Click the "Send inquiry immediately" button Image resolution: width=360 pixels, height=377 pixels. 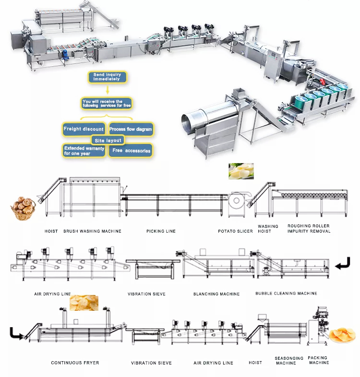(107, 77)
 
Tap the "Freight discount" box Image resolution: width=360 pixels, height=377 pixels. (84, 129)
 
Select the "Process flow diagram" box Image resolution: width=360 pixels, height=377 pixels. (131, 129)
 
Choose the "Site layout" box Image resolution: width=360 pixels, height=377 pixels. (108, 141)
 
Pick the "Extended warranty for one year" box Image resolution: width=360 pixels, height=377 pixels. (84, 151)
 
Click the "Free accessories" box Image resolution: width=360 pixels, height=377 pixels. (131, 151)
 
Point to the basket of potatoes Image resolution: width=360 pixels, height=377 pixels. (23, 208)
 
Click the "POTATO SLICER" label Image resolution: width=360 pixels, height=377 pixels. (235, 231)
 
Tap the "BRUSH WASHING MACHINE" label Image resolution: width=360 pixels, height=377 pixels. (93, 231)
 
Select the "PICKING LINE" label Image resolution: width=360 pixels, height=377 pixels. (161, 231)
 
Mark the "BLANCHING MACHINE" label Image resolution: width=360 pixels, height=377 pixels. (216, 294)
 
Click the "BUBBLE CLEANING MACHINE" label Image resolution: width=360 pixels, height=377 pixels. (286, 294)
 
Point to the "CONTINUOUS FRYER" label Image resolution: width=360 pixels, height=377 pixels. (75, 363)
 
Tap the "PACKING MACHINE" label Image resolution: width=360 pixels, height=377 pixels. (318, 360)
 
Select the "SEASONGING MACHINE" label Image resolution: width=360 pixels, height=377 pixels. (289, 360)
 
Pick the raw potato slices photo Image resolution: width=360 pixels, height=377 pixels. (241, 171)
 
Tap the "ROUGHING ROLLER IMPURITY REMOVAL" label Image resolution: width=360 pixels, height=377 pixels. (309, 228)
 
